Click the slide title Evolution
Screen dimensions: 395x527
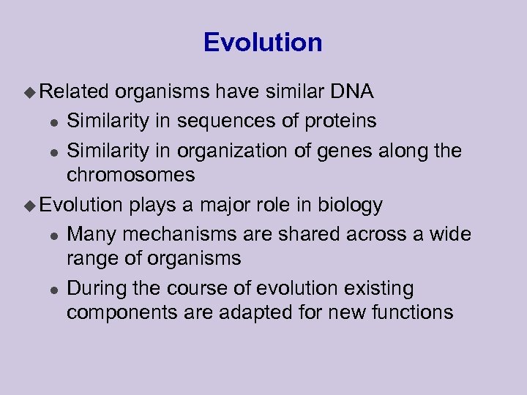[263, 42]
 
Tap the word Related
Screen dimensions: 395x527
[73, 91]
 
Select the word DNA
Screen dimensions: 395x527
[352, 91]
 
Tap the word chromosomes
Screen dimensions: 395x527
[131, 175]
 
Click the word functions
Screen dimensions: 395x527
[408, 312]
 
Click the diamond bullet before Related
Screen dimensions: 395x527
[30, 92]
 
